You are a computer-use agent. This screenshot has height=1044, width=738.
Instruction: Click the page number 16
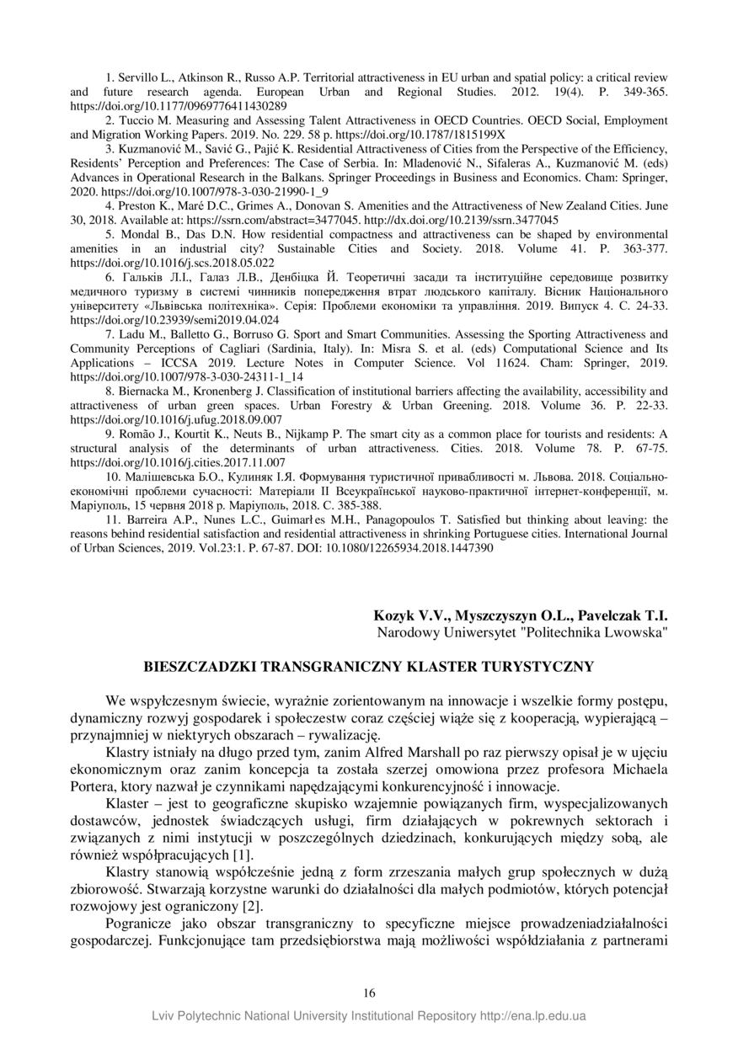[369, 993]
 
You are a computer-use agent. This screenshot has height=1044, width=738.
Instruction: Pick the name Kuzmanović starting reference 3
[146, 148]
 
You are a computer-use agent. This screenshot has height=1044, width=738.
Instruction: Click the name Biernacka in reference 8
[143, 391]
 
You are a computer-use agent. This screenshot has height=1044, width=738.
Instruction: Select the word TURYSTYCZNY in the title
[537, 667]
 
